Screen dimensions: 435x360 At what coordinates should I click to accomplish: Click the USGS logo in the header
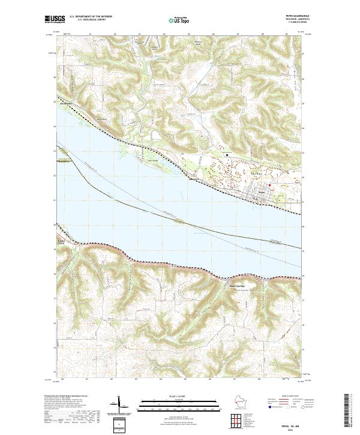click(x=55, y=20)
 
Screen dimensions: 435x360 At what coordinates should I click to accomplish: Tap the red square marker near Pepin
click(x=269, y=184)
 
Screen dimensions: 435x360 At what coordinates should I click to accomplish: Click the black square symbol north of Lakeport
click(x=227, y=154)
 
